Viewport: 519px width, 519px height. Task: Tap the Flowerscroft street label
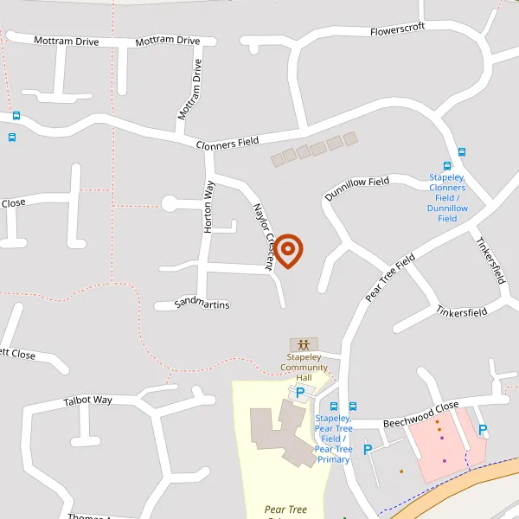[398, 29]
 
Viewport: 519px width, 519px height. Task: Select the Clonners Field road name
[227, 144]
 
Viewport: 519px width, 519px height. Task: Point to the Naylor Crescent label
[263, 236]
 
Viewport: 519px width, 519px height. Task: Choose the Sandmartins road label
[202, 304]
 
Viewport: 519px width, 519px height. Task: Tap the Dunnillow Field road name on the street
[356, 189]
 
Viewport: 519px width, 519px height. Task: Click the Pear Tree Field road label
[391, 278]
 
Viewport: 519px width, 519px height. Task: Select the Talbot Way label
[88, 401]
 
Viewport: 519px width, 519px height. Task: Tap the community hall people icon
[304, 344]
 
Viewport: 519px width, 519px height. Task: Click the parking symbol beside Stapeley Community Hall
[300, 393]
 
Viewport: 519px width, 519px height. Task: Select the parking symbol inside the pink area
[483, 430]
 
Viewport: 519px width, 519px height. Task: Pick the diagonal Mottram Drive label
[189, 90]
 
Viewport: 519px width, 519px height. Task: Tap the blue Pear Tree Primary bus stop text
[333, 439]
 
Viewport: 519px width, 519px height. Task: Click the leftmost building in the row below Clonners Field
[277, 160]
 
